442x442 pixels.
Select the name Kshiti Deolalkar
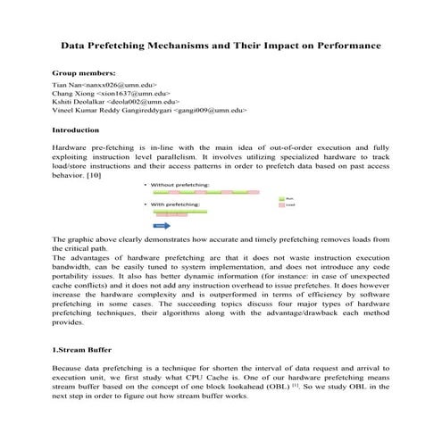(80, 102)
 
